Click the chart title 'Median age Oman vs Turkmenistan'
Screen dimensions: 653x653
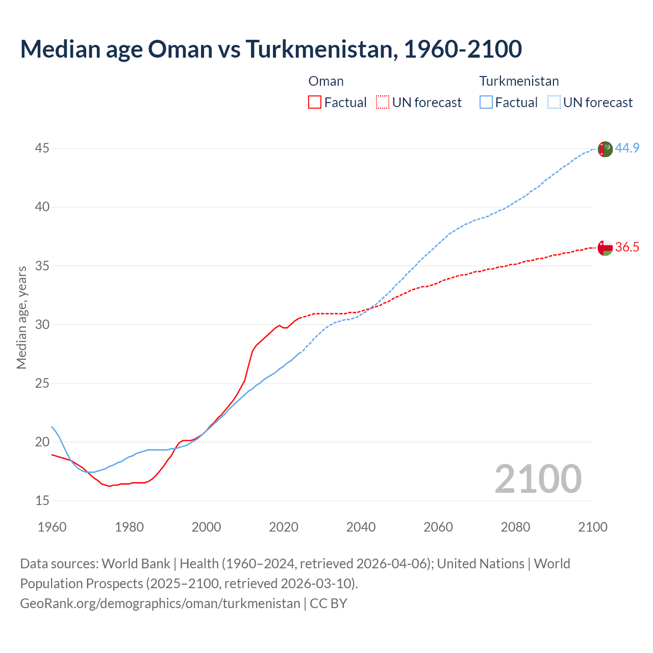270,49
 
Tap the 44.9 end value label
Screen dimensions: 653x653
627,148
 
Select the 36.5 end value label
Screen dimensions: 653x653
627,247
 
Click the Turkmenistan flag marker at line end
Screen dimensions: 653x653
605,149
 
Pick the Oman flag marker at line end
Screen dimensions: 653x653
605,247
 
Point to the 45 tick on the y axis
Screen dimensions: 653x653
42,148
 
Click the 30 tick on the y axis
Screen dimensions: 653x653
42,324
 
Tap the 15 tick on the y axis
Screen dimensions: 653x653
42,500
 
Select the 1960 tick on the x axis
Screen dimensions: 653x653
52,527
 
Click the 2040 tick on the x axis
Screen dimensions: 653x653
361,527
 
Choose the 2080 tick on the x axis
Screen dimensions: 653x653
515,527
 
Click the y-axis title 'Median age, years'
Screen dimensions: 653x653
21,317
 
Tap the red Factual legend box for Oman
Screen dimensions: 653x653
315,103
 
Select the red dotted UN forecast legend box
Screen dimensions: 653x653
383,103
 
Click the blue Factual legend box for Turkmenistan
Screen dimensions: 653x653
486,103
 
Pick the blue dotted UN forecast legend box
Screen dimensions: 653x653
554,103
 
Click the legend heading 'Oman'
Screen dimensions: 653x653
326,81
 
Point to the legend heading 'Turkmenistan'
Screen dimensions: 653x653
519,81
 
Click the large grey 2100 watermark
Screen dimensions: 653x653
538,479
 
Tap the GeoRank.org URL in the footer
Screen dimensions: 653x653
160,604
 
